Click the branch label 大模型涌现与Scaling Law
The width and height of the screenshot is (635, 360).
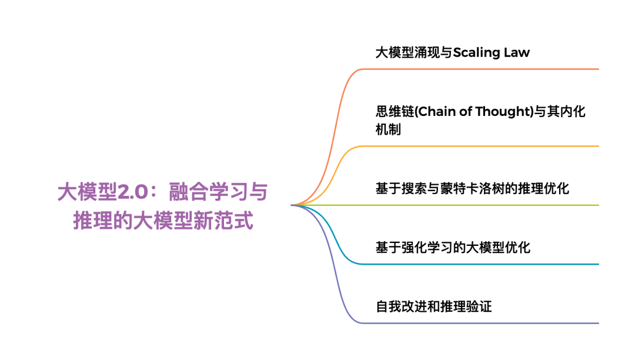(x=453, y=52)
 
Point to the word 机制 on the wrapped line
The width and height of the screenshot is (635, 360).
(x=388, y=129)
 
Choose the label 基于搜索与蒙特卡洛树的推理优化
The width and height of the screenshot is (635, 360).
(x=472, y=189)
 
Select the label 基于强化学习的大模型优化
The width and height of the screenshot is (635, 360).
(x=453, y=247)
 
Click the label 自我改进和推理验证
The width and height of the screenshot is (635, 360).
(x=433, y=306)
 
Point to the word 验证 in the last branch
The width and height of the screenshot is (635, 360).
(x=479, y=306)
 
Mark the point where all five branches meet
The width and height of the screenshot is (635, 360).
(x=292, y=205)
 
